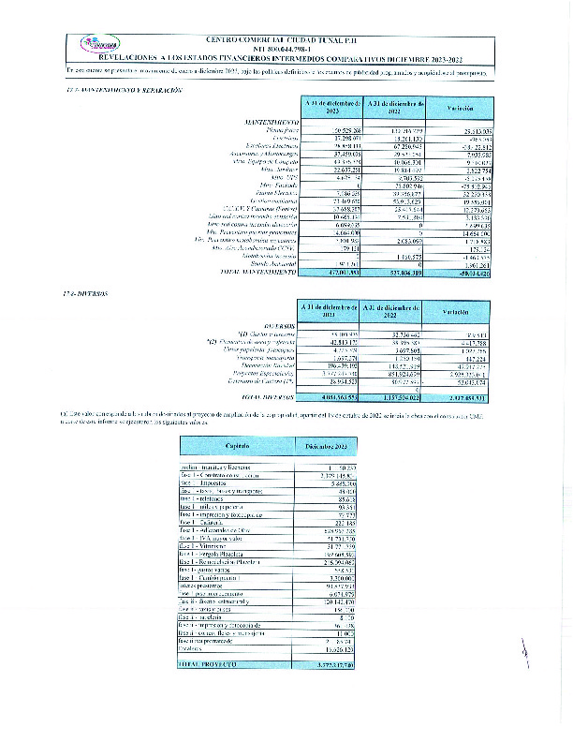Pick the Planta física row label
click(278, 130)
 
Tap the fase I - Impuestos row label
click(208, 484)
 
